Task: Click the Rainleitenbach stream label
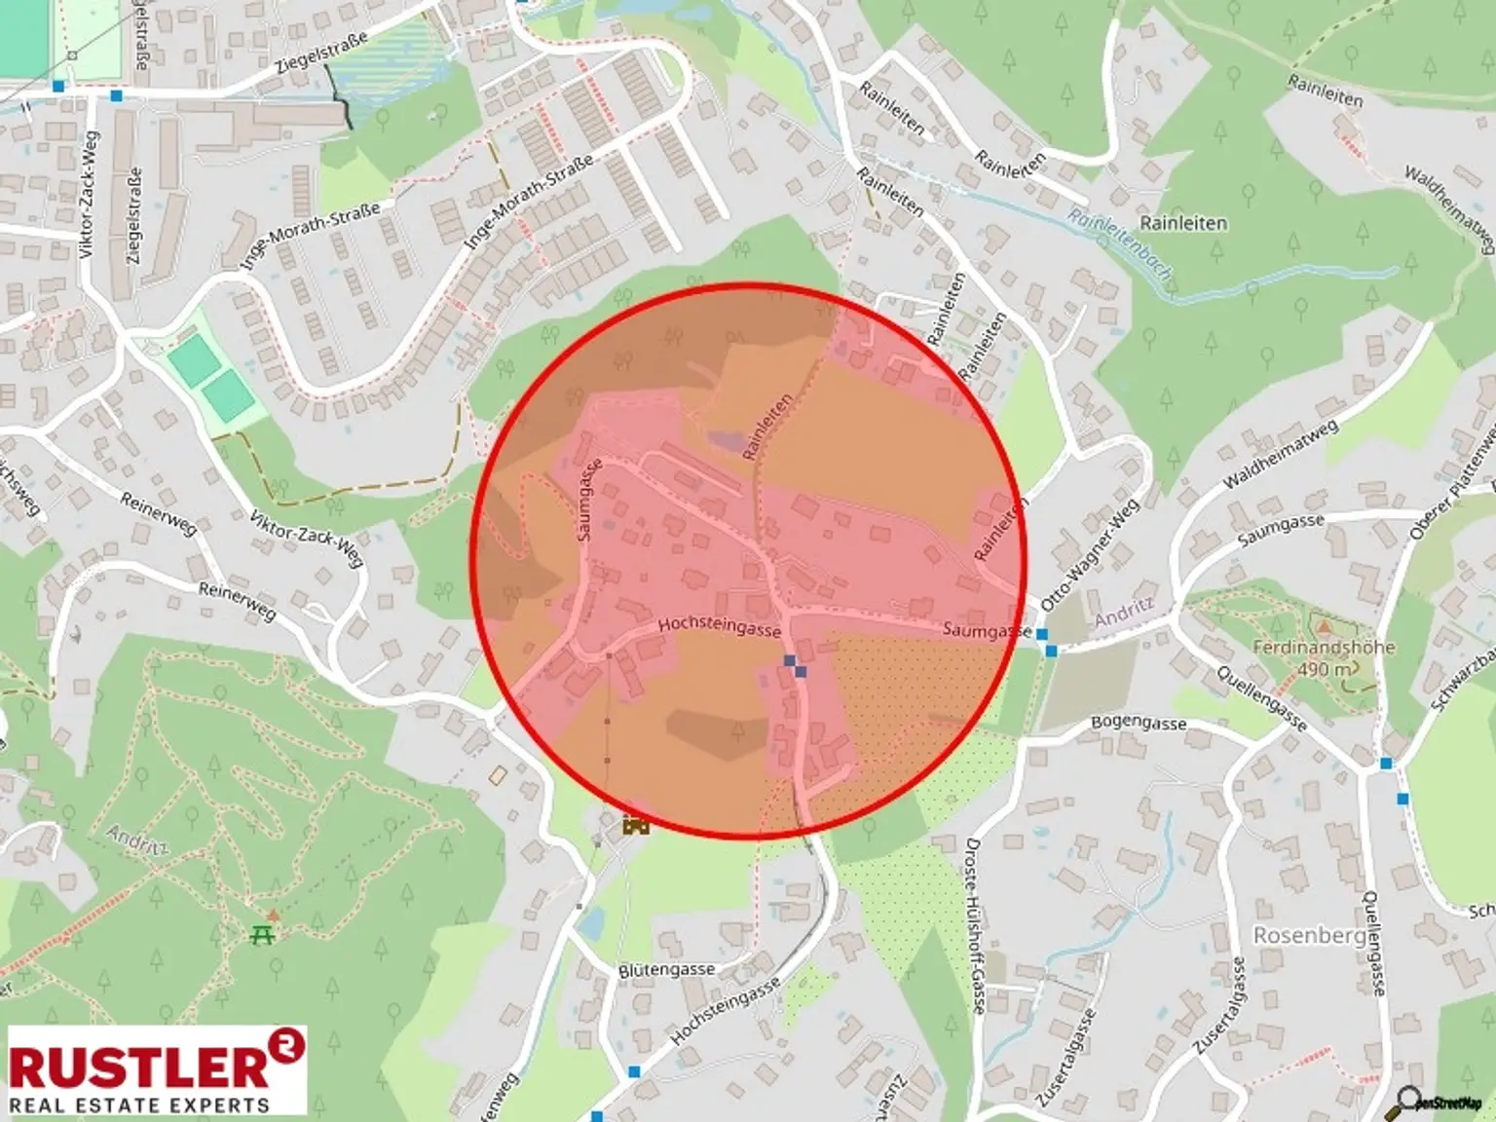coord(1119,244)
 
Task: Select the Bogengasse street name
coord(1139,724)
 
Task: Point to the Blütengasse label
coord(666,971)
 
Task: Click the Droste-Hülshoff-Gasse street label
coord(974,925)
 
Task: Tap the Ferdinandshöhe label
coord(1323,648)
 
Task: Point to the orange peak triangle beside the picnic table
coord(274,915)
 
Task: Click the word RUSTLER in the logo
coord(136,1067)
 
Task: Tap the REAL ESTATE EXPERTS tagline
coord(138,1104)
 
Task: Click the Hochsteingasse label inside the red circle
coord(719,627)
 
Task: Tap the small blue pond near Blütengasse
coord(590,921)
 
